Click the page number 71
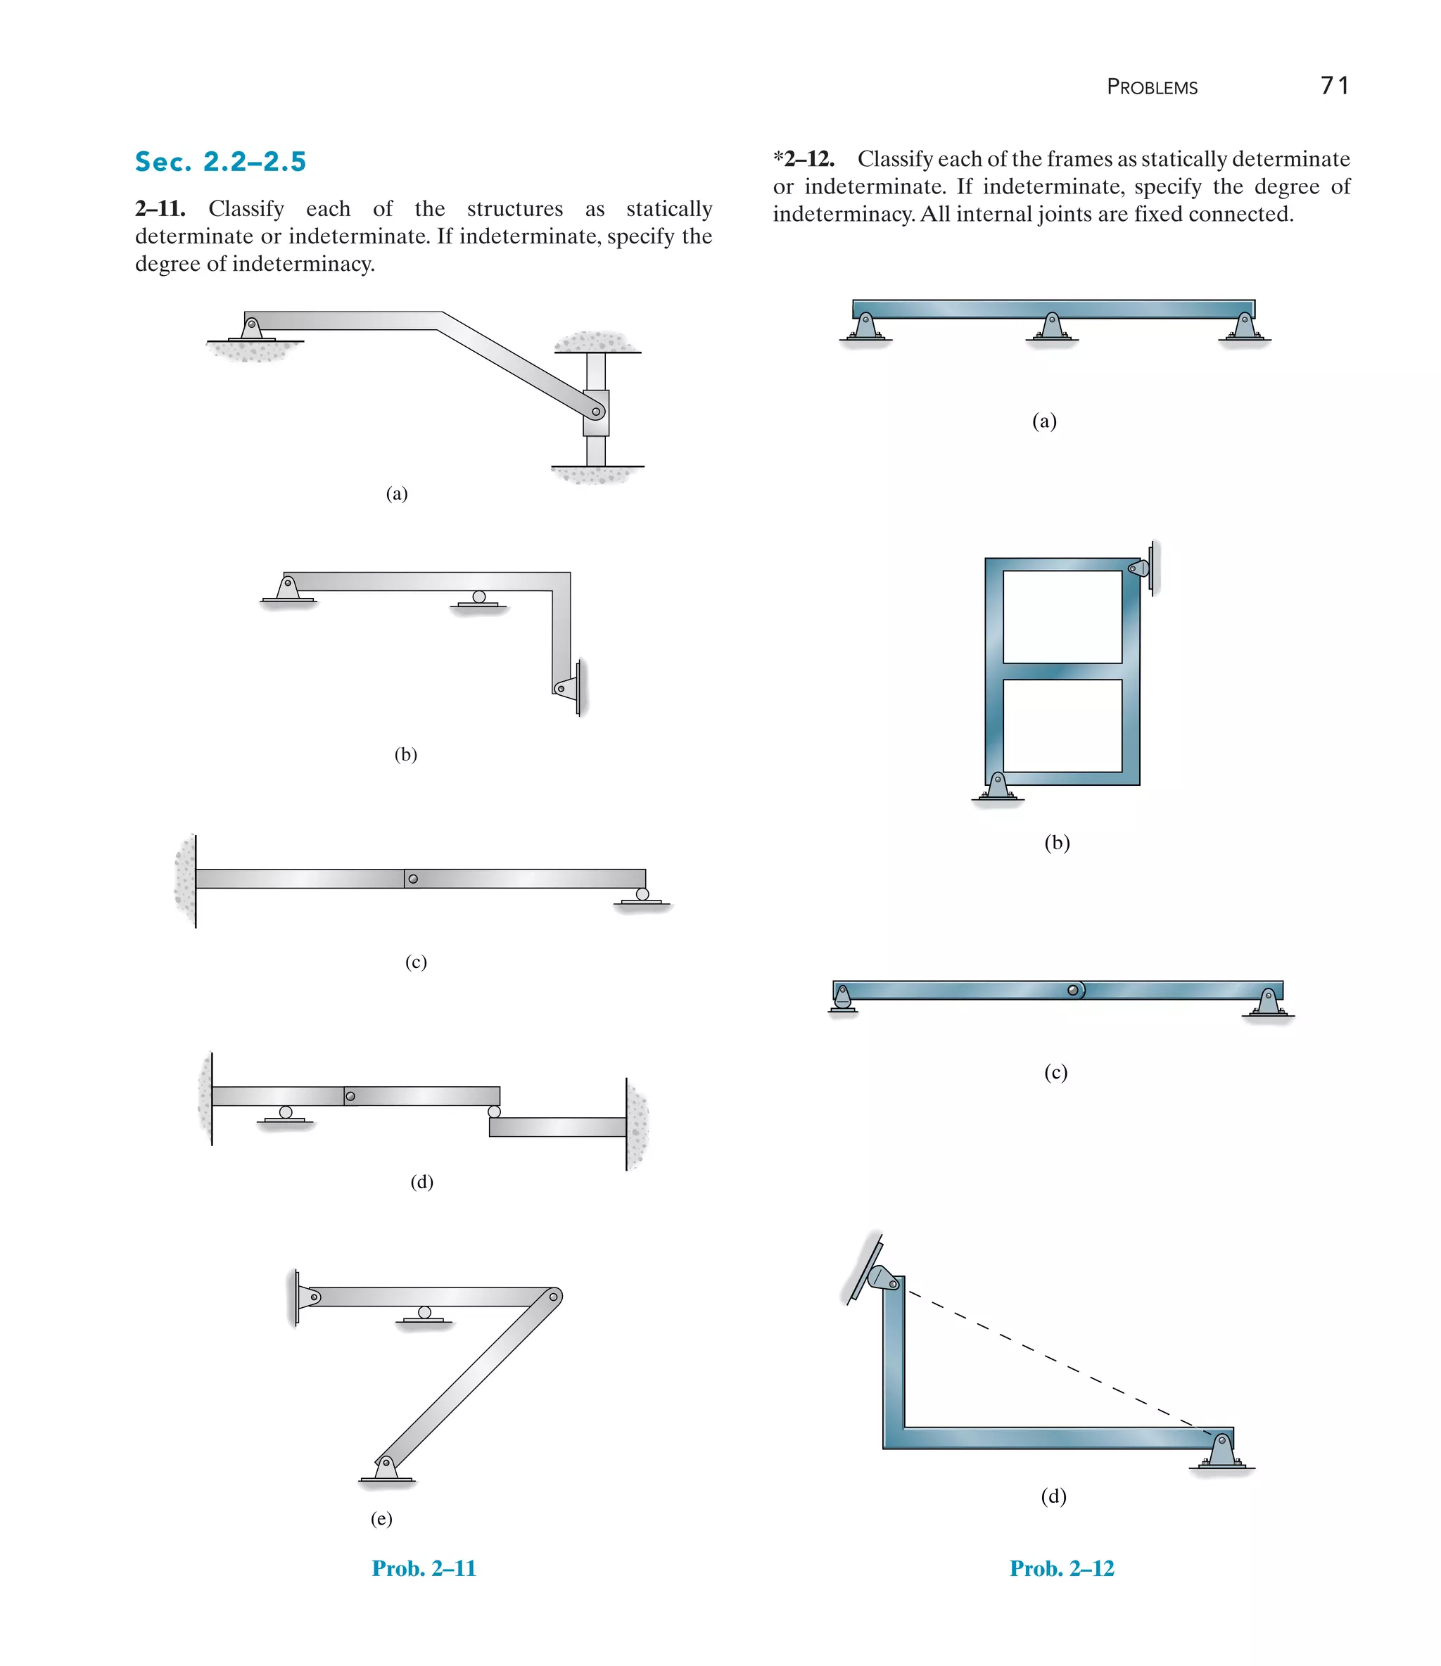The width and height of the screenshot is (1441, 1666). tap(1334, 85)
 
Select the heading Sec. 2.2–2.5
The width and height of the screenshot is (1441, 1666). tap(220, 162)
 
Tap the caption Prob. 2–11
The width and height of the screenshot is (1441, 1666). tap(424, 1568)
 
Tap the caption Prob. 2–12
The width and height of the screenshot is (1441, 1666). tap(1062, 1568)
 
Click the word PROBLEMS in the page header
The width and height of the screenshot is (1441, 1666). tap(1152, 87)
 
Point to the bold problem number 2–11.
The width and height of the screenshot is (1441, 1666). tap(160, 209)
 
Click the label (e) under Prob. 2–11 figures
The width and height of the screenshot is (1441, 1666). tap(381, 1518)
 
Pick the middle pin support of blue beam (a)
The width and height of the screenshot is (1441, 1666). tap(1052, 326)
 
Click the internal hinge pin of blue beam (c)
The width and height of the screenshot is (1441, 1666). tap(1073, 990)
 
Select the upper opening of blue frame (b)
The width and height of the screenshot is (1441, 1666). tap(1062, 617)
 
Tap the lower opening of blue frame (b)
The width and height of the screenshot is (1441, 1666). tap(1062, 725)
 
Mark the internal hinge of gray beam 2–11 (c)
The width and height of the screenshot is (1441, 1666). tap(412, 879)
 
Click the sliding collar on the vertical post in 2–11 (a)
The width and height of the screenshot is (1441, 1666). tap(596, 412)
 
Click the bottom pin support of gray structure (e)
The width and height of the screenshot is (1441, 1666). tap(386, 1468)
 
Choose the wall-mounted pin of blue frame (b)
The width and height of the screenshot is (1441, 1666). tap(1141, 568)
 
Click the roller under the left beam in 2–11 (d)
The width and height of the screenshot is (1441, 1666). tap(286, 1114)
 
